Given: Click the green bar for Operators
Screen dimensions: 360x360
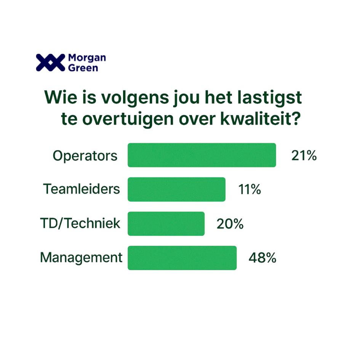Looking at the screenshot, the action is click(202, 155).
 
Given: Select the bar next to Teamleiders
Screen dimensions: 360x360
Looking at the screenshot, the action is click(176, 189).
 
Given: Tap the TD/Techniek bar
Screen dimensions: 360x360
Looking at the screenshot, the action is click(166, 224).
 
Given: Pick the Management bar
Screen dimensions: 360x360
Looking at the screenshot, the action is click(182, 258).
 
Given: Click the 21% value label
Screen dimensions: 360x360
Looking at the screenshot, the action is click(304, 155).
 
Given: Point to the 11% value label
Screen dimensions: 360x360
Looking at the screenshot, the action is click(250, 189).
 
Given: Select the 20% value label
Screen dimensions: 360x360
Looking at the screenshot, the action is click(230, 224).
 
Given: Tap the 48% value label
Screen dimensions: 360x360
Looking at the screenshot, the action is click(262, 258).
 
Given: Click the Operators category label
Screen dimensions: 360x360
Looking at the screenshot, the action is click(85, 156).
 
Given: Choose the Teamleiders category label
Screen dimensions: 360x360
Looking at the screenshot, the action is click(82, 189).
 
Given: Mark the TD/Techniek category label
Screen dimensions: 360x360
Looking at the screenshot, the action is click(80, 223).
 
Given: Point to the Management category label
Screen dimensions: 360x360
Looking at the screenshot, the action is click(81, 258).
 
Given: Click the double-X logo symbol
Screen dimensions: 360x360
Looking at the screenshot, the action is click(51, 62).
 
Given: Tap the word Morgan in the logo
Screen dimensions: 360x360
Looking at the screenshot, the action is click(87, 58).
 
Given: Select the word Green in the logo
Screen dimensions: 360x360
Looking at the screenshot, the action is click(83, 68).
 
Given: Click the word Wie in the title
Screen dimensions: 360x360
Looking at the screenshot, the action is click(61, 98).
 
